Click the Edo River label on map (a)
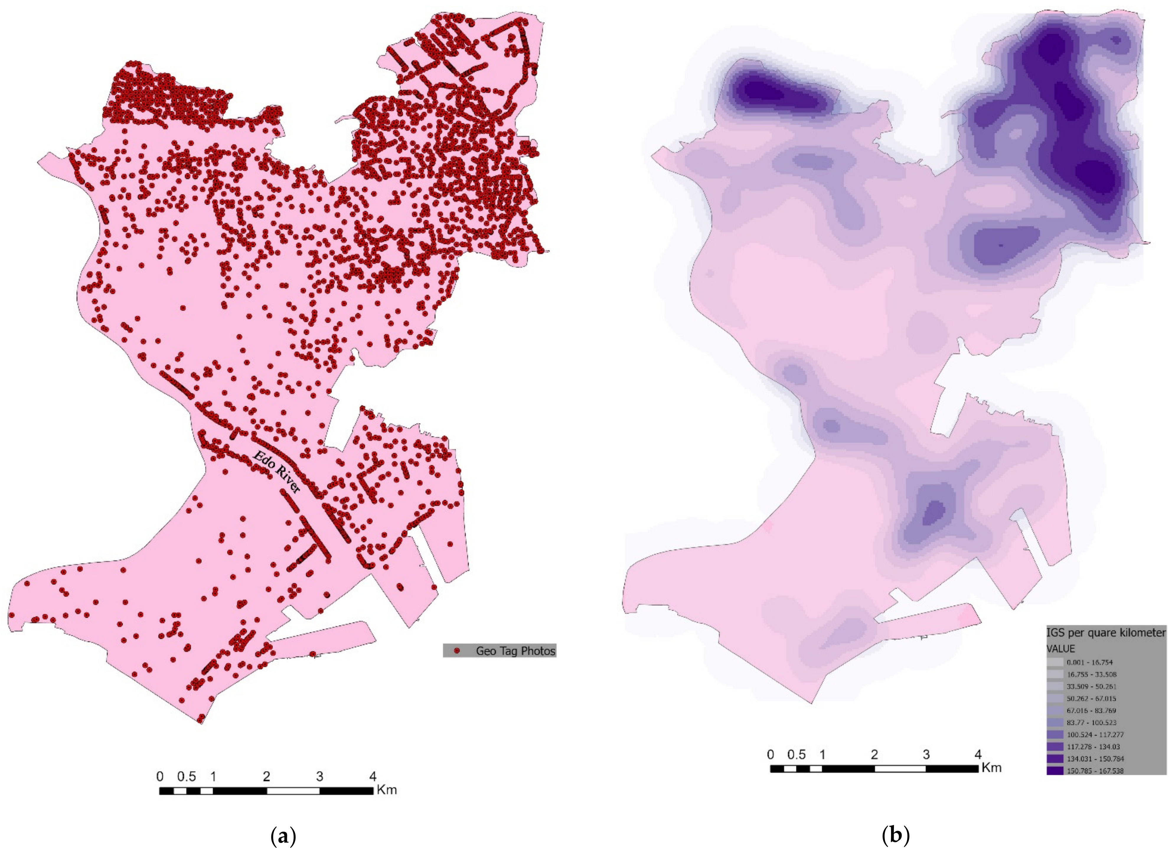[276, 471]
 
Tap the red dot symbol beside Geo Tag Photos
[456, 651]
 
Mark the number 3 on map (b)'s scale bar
[926, 755]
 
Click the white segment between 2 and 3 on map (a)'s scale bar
[293, 791]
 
